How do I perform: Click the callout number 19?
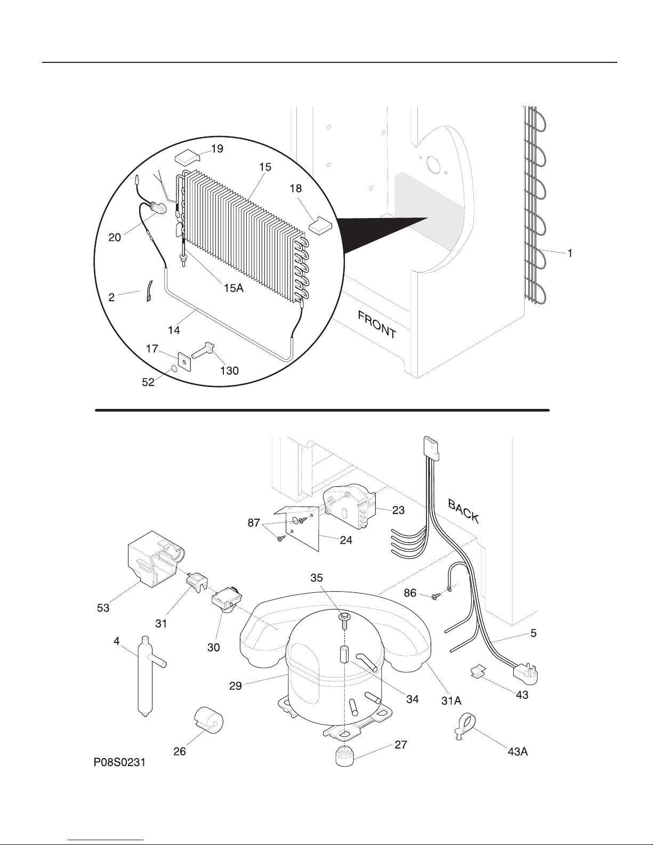point(217,149)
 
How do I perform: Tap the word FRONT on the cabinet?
point(377,325)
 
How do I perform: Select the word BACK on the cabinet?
point(463,511)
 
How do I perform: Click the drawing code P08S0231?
point(119,762)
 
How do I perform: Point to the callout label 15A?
point(233,288)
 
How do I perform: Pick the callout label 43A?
point(518,752)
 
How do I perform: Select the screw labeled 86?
point(436,595)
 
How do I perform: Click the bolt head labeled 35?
point(344,616)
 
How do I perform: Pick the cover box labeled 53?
point(156,559)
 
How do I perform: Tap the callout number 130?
point(229,371)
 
